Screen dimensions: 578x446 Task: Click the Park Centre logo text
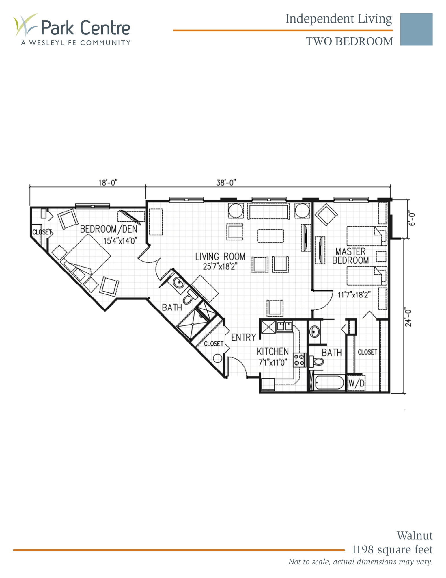[85, 28]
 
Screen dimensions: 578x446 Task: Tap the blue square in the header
[416, 29]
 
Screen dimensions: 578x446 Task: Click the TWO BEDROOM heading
[349, 42]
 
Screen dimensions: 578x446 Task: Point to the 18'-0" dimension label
[108, 183]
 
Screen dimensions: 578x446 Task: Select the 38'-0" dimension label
[226, 183]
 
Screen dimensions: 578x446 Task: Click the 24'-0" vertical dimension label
[408, 318]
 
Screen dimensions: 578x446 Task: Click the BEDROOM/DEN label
[109, 229]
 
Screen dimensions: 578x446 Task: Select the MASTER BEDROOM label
[350, 256]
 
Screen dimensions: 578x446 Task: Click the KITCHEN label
[273, 351]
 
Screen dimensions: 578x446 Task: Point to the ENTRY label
[244, 337]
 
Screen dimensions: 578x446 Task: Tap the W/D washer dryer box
[356, 383]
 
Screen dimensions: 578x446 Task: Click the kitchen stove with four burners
[299, 360]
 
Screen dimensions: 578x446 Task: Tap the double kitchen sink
[285, 326]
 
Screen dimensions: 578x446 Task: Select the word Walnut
[414, 536]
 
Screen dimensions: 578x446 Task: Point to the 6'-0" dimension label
[412, 219]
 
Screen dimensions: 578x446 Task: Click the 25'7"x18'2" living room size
[220, 266]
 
